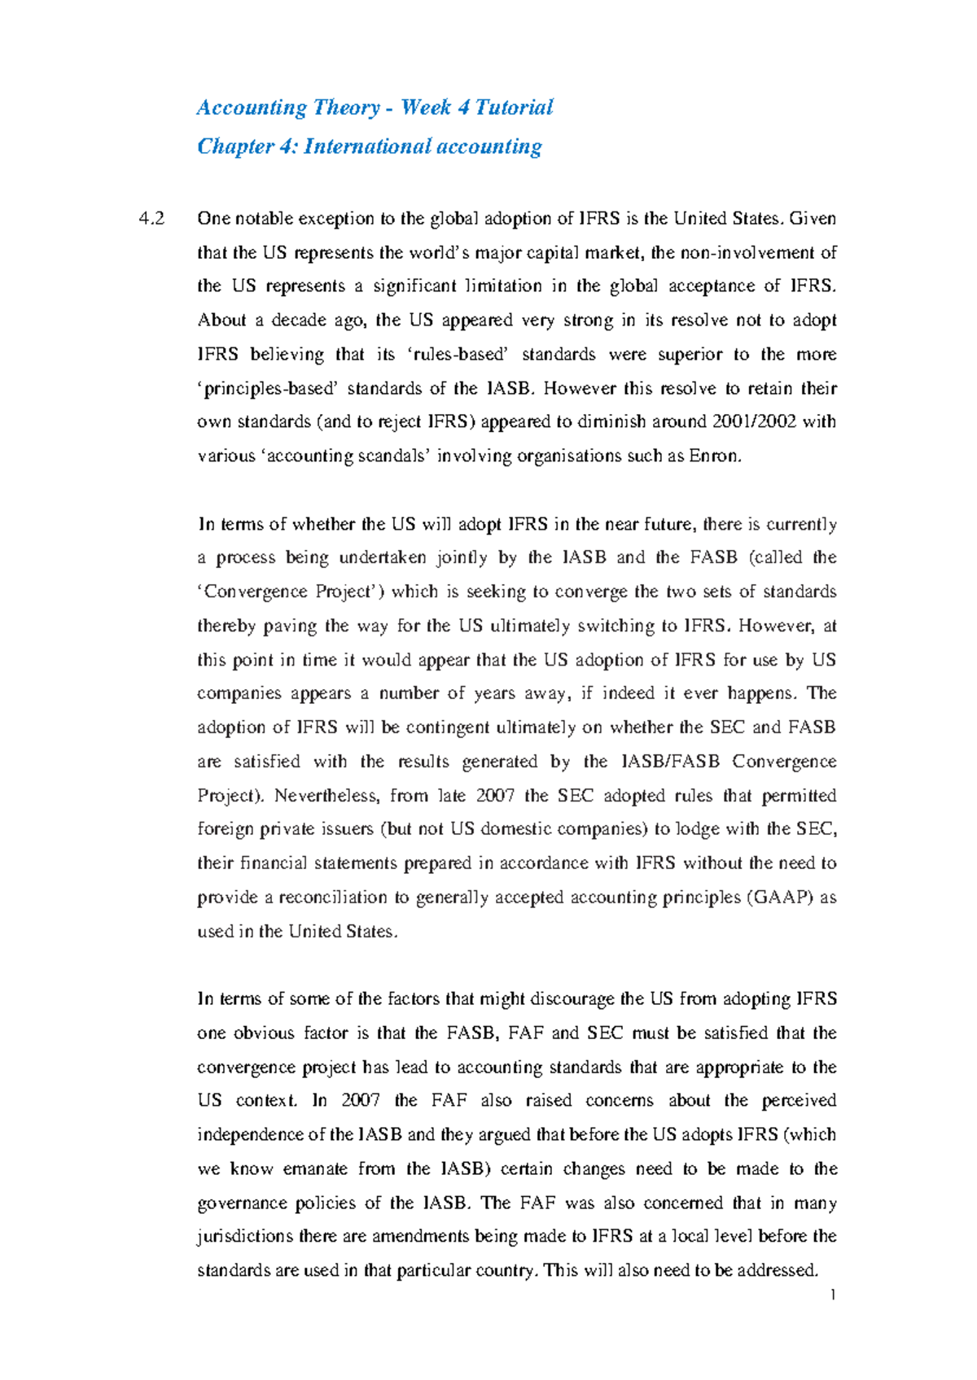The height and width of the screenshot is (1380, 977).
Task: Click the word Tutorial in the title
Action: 514,107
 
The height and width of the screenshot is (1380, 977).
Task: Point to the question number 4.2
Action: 151,219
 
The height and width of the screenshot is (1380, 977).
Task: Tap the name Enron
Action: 715,456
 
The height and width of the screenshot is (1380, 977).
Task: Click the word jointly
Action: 462,558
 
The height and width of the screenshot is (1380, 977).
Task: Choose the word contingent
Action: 447,728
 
